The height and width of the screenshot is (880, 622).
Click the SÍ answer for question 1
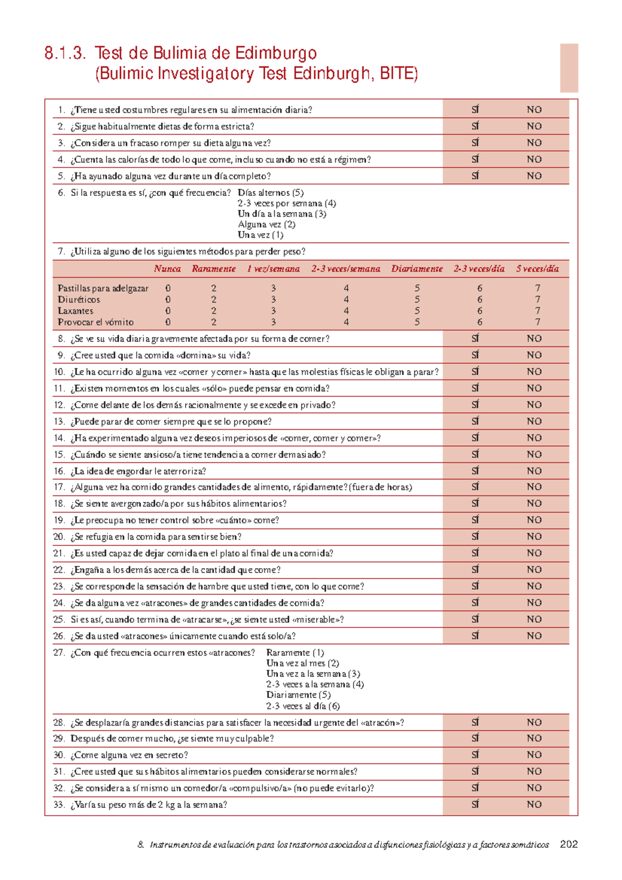(475, 109)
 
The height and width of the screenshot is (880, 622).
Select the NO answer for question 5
(534, 176)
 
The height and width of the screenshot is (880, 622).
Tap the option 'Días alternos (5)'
(271, 193)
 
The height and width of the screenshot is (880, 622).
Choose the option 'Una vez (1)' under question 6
(260, 235)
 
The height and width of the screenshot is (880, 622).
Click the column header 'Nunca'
(167, 268)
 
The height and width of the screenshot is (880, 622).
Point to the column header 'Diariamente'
(417, 268)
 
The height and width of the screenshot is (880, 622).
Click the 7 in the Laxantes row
(538, 311)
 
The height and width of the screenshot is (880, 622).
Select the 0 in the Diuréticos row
(168, 300)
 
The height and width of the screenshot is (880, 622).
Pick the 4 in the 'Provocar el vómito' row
(346, 322)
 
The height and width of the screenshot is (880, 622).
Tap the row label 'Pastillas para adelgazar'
(103, 288)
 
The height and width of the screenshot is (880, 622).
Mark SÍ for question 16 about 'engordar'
(475, 471)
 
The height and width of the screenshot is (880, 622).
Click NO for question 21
(534, 553)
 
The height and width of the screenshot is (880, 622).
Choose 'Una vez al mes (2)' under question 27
(303, 663)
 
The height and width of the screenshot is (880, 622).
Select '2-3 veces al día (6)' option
(303, 706)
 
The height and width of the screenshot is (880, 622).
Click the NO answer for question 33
(534, 804)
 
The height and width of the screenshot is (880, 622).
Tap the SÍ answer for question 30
(475, 755)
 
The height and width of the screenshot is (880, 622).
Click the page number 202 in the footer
(569, 844)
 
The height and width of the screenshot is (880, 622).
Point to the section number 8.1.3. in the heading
(65, 53)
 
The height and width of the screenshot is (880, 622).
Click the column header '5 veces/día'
(537, 268)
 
